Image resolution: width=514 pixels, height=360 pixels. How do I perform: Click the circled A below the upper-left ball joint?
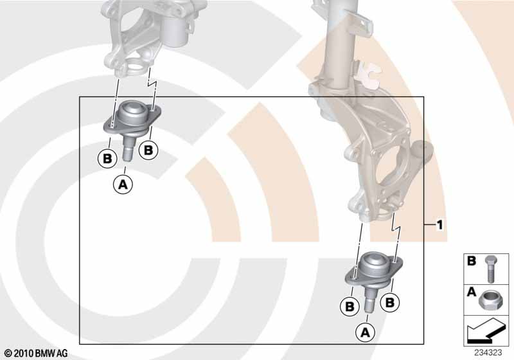coord(123,184)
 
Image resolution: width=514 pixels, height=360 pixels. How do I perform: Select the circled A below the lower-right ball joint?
coord(365,332)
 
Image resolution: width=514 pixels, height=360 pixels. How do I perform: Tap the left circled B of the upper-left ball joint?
coord(107,159)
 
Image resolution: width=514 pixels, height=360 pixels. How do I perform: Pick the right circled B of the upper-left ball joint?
coord(148,150)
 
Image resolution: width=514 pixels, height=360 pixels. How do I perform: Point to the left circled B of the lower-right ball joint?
coord(350,306)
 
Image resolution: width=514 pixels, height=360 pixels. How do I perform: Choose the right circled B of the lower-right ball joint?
coord(390,302)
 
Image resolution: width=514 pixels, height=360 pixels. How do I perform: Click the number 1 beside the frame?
coord(440,225)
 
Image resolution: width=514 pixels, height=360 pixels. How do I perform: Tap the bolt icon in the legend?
coord(490,269)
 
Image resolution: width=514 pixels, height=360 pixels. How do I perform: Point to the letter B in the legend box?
coord(472,261)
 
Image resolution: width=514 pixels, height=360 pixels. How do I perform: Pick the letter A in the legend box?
coord(472,291)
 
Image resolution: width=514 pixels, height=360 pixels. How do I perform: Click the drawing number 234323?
coord(488,352)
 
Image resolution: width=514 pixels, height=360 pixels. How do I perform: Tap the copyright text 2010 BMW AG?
coord(37,353)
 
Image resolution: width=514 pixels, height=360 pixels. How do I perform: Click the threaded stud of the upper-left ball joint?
coord(127,148)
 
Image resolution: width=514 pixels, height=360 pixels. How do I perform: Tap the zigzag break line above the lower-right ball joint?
coord(395,228)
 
